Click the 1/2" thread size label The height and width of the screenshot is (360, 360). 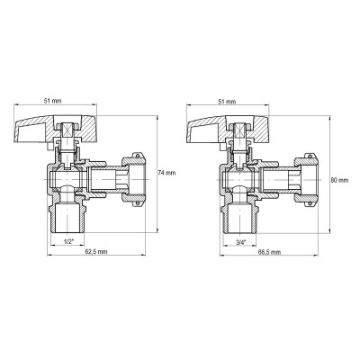(x=70, y=241)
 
